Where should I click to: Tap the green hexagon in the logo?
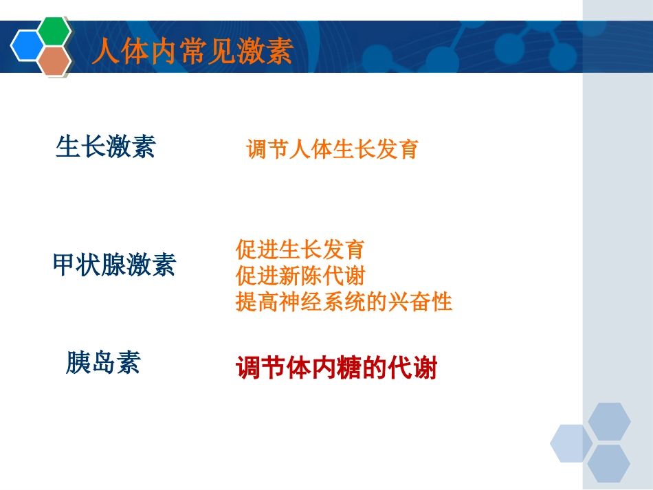click(x=54, y=30)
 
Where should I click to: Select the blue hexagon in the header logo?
click(x=29, y=46)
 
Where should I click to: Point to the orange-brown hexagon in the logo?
click(x=54, y=61)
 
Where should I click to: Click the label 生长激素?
click(x=106, y=146)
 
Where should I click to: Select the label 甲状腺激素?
click(x=114, y=265)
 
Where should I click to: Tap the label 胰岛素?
click(x=103, y=362)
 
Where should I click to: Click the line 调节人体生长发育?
click(x=332, y=149)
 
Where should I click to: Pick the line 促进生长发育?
click(x=300, y=249)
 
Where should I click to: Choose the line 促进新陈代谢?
click(x=300, y=276)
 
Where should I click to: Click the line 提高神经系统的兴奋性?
click(x=344, y=302)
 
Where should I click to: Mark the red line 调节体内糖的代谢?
click(x=337, y=368)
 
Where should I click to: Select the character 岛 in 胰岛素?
click(x=103, y=362)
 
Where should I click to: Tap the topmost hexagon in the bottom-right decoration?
click(x=609, y=421)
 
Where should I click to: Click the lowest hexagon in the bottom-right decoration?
click(x=609, y=463)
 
